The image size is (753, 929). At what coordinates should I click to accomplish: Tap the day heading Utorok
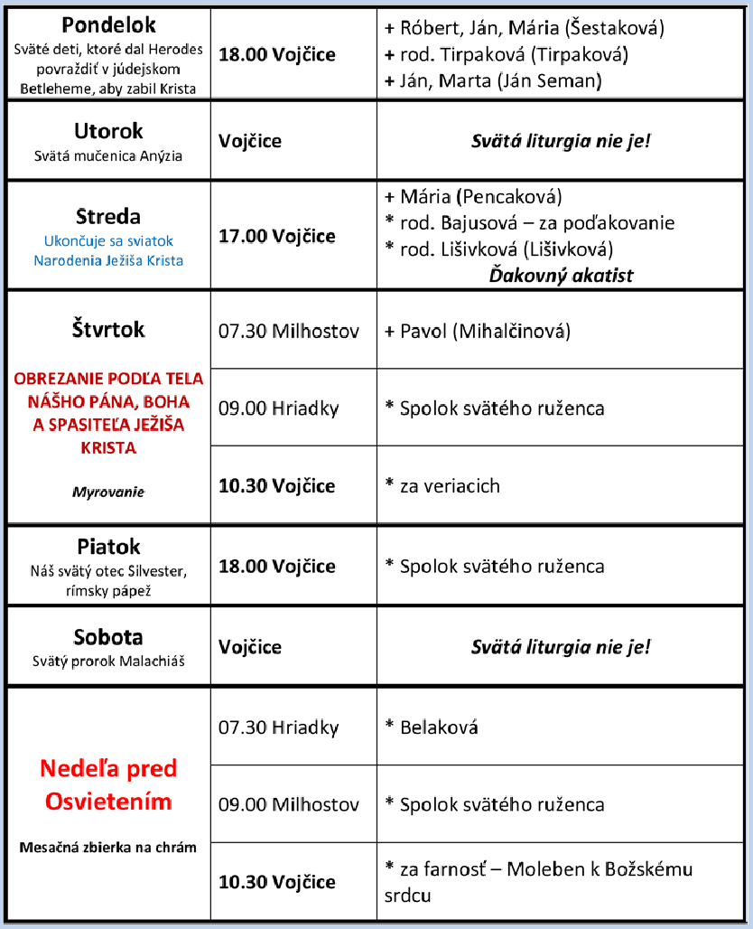click(x=108, y=132)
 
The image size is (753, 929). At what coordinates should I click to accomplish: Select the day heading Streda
click(x=108, y=217)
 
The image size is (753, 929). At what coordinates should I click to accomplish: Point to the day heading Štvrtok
click(x=108, y=331)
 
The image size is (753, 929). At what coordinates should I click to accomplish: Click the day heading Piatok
click(x=108, y=547)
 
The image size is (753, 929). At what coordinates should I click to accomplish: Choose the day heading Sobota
click(x=108, y=637)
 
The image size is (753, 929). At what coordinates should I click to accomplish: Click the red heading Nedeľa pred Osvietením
click(x=108, y=784)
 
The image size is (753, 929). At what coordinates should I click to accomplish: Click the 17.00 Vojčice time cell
click(x=277, y=237)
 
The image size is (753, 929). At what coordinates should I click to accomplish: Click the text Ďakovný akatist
click(x=561, y=275)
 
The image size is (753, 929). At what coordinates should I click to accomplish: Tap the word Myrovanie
click(x=108, y=493)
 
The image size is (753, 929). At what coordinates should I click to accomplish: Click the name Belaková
click(x=439, y=727)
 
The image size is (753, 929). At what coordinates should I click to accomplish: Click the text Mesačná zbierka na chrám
click(x=108, y=848)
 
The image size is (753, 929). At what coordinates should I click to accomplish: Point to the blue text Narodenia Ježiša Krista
click(x=108, y=260)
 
